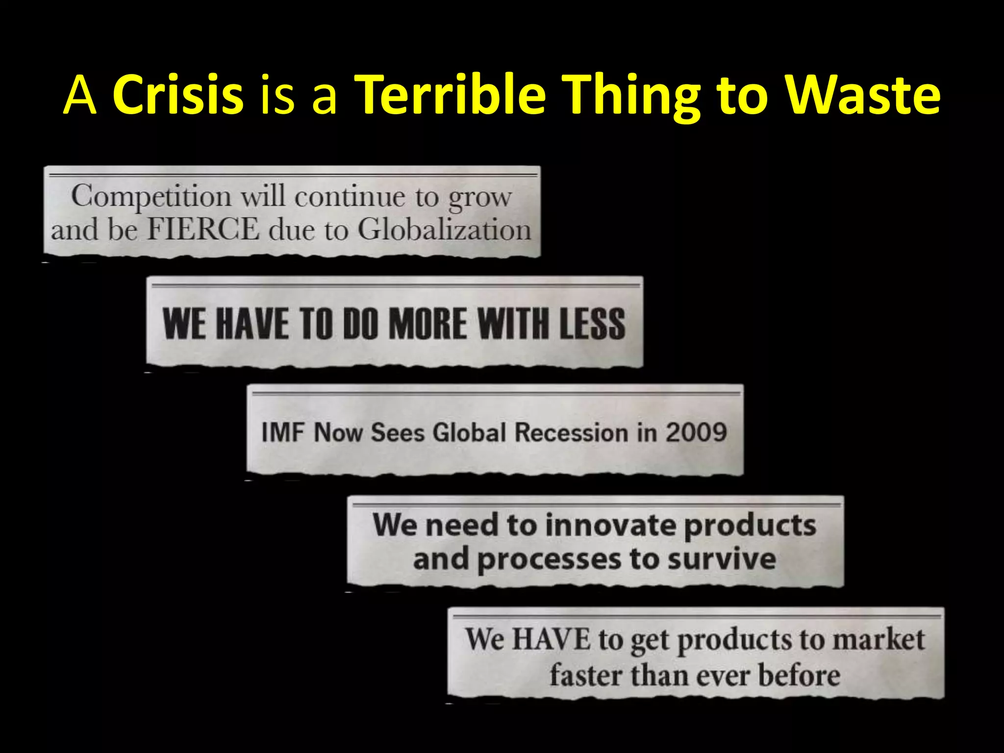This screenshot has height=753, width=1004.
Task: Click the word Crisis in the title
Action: click(x=178, y=94)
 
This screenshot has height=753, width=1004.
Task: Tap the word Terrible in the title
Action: click(x=450, y=94)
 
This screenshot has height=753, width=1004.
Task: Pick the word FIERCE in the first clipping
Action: click(x=203, y=229)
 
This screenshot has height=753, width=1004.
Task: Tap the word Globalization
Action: click(x=444, y=229)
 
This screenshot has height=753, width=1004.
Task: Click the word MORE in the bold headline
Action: click(x=428, y=324)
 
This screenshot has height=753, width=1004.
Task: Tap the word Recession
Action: click(x=572, y=433)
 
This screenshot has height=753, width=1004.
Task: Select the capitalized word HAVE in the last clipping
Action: click(x=552, y=640)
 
